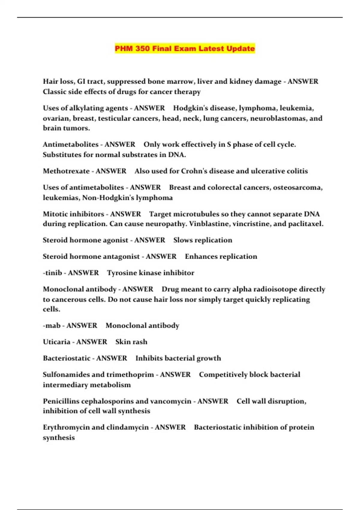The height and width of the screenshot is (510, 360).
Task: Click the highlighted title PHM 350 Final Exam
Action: [185, 48]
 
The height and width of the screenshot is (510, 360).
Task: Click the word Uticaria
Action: [56, 342]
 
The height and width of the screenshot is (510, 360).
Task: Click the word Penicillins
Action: [61, 401]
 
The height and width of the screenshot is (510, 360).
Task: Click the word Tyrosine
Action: [121, 273]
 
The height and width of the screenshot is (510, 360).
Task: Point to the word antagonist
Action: [121, 256]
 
